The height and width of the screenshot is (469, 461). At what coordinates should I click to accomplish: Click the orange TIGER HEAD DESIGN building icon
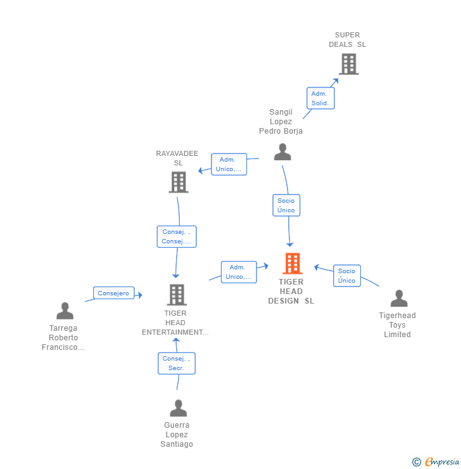[x=293, y=264]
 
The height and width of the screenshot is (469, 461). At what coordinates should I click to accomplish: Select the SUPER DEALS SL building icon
[x=349, y=64]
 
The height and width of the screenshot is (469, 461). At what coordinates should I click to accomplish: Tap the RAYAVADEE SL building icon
[x=179, y=182]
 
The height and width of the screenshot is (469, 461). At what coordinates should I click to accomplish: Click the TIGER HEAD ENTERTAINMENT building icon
[x=177, y=295]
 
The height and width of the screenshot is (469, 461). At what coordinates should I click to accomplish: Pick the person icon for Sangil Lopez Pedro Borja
[x=282, y=152]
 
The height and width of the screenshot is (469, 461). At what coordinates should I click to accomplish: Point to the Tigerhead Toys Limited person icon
[x=399, y=299]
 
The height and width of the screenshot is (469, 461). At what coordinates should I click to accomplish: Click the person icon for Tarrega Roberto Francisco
[x=65, y=311]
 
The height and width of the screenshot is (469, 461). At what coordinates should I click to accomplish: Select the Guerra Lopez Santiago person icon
[x=179, y=408]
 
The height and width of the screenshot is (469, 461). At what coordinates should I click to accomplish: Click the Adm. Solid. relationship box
[x=320, y=98]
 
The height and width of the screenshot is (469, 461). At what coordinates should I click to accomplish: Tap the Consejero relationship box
[x=113, y=293]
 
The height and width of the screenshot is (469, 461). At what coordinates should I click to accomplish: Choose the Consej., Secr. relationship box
[x=177, y=363]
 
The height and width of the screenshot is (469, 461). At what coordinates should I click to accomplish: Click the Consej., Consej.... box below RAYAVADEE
[x=177, y=236]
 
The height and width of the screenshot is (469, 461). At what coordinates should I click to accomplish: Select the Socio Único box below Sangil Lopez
[x=286, y=205]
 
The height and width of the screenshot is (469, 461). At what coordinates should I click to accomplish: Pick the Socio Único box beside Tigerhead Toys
[x=347, y=276]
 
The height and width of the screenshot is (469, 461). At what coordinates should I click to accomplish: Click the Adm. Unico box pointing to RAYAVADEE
[x=229, y=164]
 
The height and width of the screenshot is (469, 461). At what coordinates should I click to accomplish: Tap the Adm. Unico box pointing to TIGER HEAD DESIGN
[x=239, y=272]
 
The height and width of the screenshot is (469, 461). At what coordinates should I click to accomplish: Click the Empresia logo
[x=436, y=461]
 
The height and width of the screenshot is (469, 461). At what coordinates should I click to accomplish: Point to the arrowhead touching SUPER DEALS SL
[x=336, y=80]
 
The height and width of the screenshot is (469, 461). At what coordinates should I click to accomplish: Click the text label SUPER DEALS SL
[x=347, y=40]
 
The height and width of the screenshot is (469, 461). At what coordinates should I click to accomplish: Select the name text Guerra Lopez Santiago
[x=177, y=435]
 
